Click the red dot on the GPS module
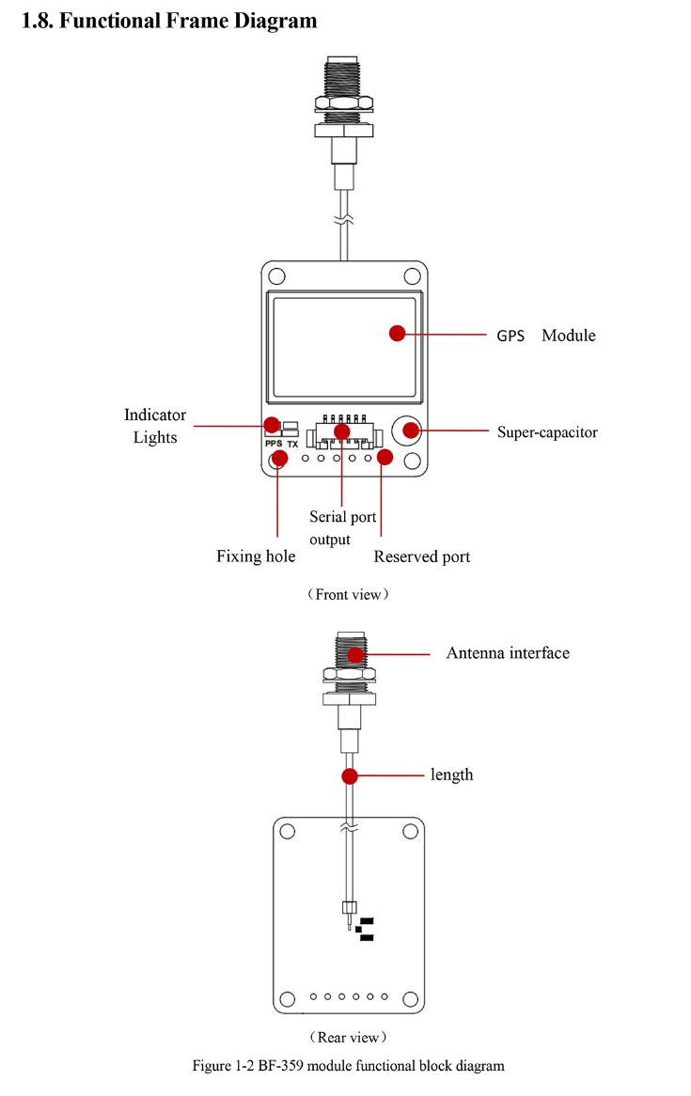tap(397, 333)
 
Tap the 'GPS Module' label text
tap(545, 336)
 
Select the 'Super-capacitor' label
tap(547, 432)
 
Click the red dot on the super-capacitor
tap(410, 431)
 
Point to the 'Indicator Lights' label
tap(155, 426)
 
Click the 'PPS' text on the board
tap(274, 444)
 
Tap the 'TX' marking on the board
tap(292, 444)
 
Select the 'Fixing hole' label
tap(256, 556)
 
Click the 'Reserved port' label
tap(422, 556)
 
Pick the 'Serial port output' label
tap(330, 527)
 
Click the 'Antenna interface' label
tap(508, 652)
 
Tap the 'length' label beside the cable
tap(452, 775)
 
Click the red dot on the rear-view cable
tap(350, 776)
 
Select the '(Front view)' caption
tap(347, 594)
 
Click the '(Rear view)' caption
tap(347, 1037)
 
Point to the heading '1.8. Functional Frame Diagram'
tap(169, 21)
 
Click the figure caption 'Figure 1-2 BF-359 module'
tap(348, 1066)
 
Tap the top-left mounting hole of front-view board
tap(277, 276)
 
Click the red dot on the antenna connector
tap(355, 654)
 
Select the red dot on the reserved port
tap(385, 457)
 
